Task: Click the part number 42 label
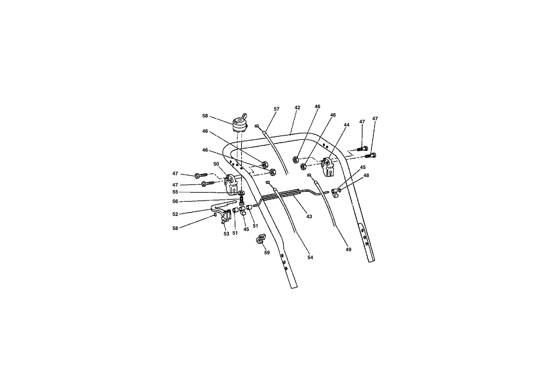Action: point(297,108)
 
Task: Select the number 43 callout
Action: point(309,217)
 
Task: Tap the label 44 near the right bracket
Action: point(347,125)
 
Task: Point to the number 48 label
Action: point(366,175)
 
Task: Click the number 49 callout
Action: point(348,250)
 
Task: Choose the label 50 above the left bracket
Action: point(216,164)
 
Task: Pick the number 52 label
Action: point(175,214)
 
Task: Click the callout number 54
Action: point(310,258)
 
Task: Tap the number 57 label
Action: point(277,109)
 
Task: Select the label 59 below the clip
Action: point(267,253)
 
